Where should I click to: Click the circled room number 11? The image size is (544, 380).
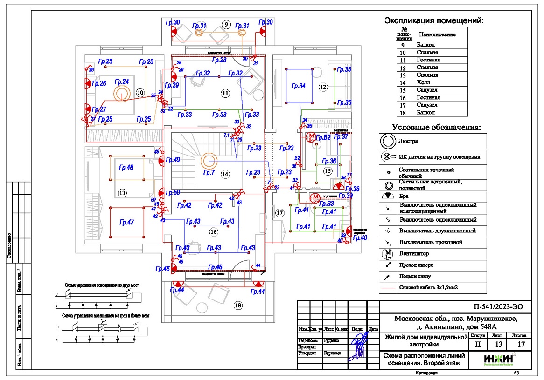[225, 93]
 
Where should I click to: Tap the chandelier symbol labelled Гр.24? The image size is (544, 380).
[122, 94]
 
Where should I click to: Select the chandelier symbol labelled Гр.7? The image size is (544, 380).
[209, 162]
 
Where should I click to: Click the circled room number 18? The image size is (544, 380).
[238, 305]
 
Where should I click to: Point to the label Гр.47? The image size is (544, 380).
[126, 223]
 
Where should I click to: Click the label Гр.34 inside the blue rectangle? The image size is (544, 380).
[299, 86]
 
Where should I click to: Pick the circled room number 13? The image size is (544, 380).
[122, 192]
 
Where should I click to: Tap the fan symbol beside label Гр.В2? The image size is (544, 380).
[311, 136]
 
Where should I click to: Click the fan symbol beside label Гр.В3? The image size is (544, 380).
[315, 197]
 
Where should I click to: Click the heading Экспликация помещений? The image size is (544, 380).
[433, 21]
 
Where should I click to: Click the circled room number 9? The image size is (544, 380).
[226, 25]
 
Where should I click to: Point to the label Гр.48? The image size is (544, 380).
[126, 168]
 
